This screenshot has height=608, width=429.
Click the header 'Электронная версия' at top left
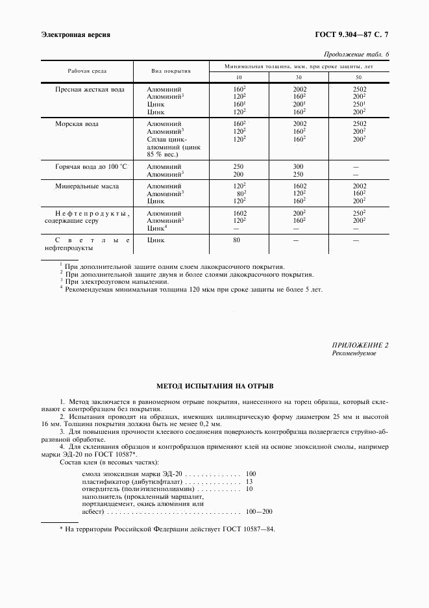coord(75,34)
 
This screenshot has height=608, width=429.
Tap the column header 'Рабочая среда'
coord(88,70)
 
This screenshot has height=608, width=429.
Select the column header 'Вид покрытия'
coord(171,70)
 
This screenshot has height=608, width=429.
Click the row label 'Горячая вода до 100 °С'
coord(93,167)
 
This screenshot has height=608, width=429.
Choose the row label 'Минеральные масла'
coord(87,186)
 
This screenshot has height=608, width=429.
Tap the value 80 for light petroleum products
coord(237,240)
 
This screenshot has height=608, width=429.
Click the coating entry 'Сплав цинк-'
coord(167,139)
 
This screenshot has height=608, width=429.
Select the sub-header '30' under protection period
coord(299,77)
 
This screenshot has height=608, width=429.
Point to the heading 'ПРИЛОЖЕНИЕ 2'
coord(361,346)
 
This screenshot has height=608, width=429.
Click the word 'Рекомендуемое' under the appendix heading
coord(354,354)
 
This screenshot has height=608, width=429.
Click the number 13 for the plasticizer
coord(249,481)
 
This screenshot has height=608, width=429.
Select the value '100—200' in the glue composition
coord(260,512)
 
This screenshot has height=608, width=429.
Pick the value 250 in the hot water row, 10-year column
coord(238,167)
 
